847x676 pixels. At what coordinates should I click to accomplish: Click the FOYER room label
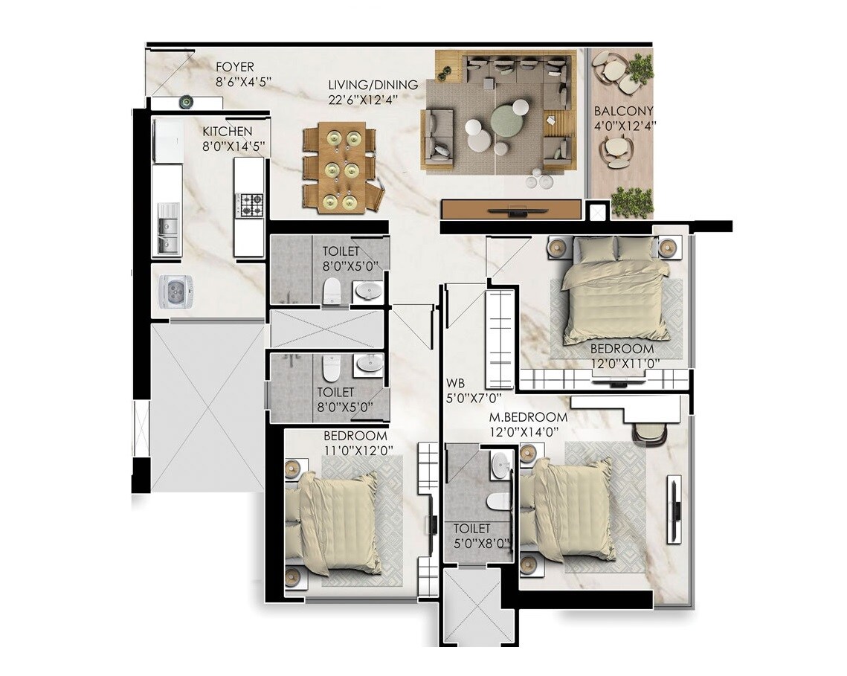[x=234, y=67]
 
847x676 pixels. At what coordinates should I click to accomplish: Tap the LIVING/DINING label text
[x=373, y=85]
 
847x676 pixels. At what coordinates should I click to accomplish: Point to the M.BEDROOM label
[x=528, y=417]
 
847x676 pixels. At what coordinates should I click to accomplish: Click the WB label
[x=455, y=382]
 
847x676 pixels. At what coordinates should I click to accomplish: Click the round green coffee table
[x=509, y=118]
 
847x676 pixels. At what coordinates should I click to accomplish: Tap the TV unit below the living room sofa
[x=511, y=209]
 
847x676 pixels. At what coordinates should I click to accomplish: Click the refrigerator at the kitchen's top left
[x=167, y=141]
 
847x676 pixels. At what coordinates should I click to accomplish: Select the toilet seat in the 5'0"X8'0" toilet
[x=498, y=500]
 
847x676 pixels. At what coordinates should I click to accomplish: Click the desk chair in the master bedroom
[x=651, y=434]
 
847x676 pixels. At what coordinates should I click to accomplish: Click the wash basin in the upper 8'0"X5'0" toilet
[x=368, y=291]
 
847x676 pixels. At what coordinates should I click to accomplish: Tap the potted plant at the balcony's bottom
[x=631, y=202]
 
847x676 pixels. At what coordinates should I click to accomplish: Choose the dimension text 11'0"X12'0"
[x=358, y=449]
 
